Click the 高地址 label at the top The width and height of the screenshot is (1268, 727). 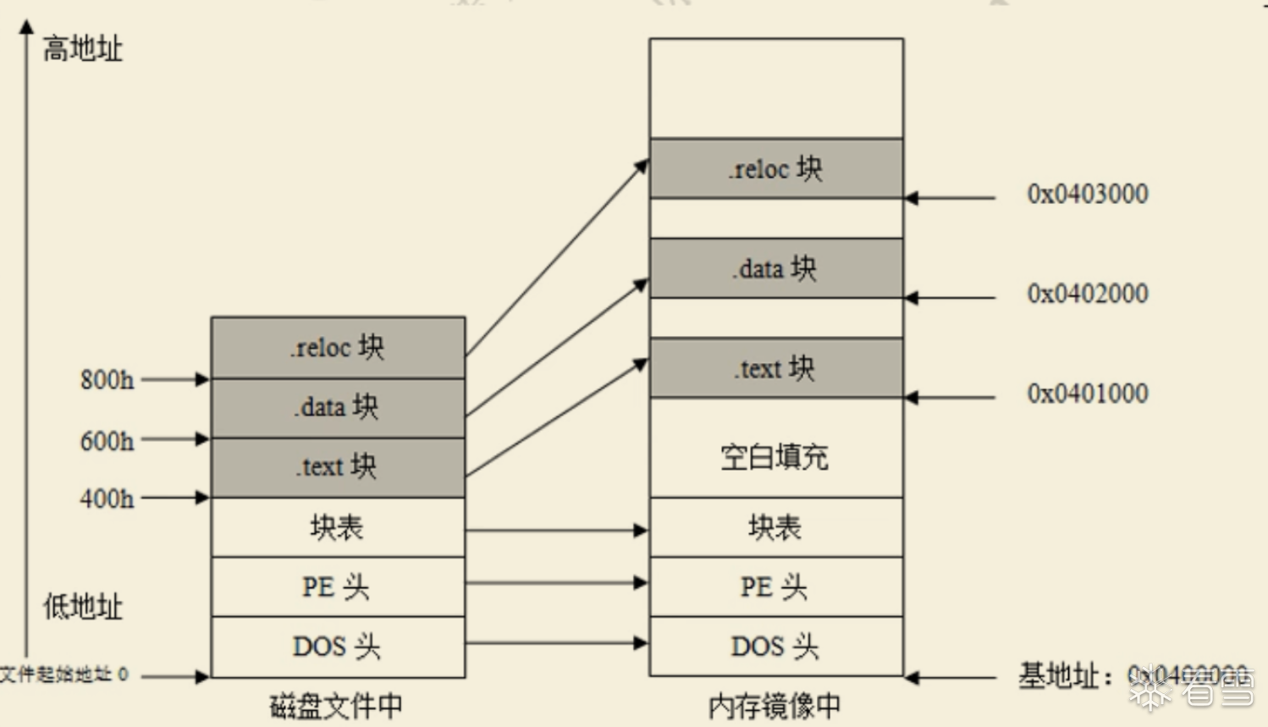click(83, 49)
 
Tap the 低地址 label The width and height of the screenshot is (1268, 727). click(83, 606)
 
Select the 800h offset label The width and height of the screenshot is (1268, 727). click(107, 380)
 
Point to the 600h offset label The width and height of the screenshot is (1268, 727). click(107, 441)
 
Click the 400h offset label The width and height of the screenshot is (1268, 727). click(107, 498)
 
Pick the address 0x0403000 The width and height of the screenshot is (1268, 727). click(1088, 194)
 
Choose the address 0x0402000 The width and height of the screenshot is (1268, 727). click(1088, 294)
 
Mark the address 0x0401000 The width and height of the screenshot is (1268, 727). click(1088, 394)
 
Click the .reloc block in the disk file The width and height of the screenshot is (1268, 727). click(338, 348)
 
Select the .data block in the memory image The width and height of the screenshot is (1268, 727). click(775, 268)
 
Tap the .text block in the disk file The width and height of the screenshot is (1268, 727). click(338, 467)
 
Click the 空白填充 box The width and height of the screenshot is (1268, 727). click(775, 457)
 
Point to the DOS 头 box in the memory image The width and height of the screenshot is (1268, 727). click(775, 647)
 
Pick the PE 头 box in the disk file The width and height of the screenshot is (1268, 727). click(338, 587)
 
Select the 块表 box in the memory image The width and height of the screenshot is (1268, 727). click(775, 527)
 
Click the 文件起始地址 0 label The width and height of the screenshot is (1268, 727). click(64, 675)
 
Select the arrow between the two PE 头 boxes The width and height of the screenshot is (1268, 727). click(556, 582)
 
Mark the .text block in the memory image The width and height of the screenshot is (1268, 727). click(775, 368)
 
